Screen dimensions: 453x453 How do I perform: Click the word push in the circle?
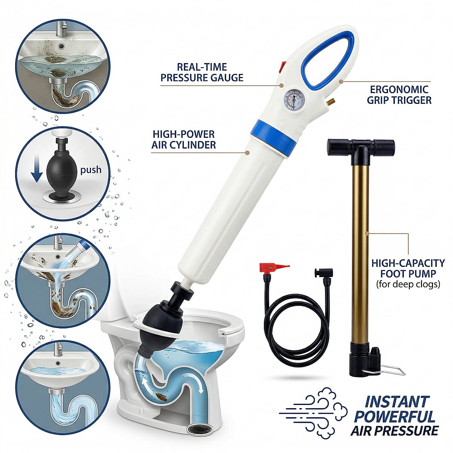click(91, 169)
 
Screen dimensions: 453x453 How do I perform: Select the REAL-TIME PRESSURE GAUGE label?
click(202, 72)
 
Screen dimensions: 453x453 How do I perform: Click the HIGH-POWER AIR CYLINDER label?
click(183, 139)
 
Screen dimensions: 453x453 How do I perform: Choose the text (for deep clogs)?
click(408, 284)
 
